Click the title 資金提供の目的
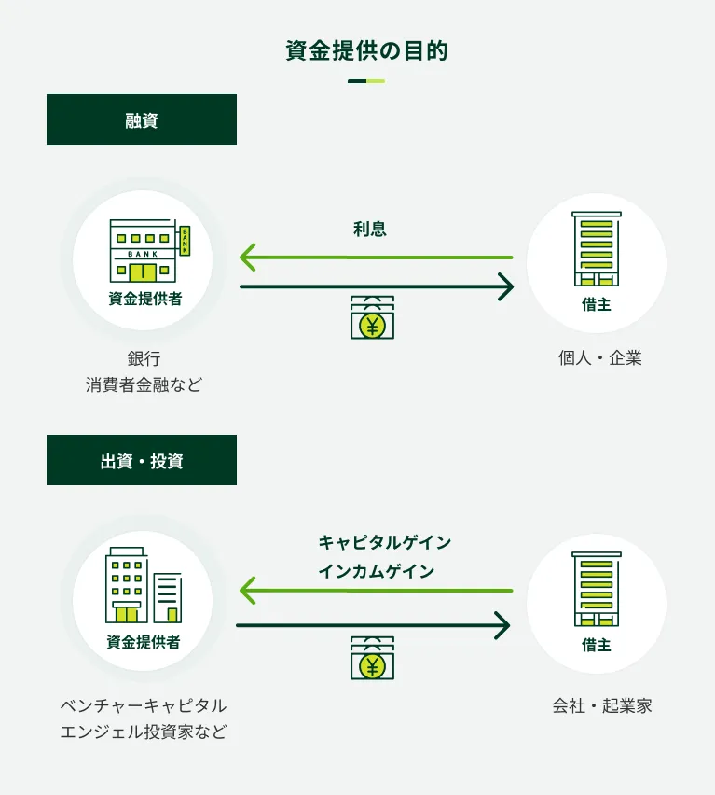coord(366,50)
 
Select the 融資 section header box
coord(142,119)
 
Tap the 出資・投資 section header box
coord(142,460)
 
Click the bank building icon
coord(143,250)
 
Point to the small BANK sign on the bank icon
coord(185,240)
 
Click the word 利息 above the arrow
coord(370,229)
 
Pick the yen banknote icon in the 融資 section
coord(372,317)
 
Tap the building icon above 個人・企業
coord(597,248)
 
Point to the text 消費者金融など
coord(144,384)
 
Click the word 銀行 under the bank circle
coord(144,358)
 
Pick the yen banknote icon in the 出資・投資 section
coord(372,658)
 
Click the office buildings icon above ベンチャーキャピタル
coord(143,586)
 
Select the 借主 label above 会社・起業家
coord(597,645)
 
